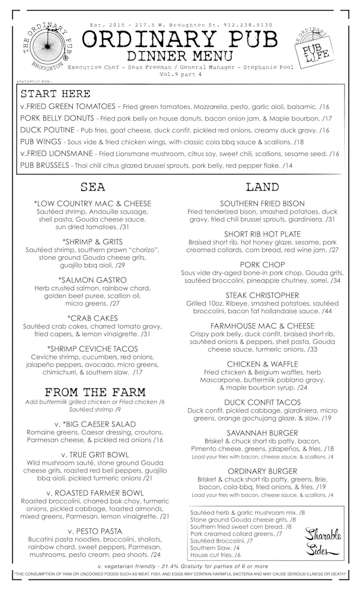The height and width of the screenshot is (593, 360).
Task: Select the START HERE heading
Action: coord(56,94)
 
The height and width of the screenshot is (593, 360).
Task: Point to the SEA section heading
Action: coord(94,187)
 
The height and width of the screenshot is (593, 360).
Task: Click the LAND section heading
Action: coord(262,187)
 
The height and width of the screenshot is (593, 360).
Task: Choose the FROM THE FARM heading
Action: coord(94,393)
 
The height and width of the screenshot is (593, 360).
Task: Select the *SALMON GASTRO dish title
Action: coord(95,279)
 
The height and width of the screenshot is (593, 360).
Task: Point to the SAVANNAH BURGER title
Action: coord(262,433)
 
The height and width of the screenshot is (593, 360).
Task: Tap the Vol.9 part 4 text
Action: coord(179,75)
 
